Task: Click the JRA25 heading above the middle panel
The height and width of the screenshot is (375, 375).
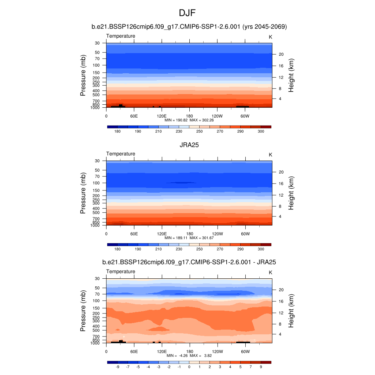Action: tap(189, 145)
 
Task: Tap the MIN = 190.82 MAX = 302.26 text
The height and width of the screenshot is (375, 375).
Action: tap(189, 120)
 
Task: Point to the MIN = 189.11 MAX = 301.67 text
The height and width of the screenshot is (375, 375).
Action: tap(189, 238)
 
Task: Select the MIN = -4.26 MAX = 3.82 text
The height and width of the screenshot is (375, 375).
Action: tap(189, 356)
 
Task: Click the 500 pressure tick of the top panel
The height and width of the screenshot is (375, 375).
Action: tap(96, 95)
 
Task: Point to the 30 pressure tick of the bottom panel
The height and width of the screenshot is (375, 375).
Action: tap(97, 279)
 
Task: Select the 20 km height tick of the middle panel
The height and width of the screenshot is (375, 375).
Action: tap(282, 172)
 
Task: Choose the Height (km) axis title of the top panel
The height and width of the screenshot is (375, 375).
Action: tap(292, 75)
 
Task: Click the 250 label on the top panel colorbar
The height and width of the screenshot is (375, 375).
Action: tap(199, 131)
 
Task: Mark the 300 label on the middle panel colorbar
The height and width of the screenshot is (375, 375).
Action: tap(261, 249)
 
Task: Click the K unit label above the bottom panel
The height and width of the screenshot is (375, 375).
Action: tap(271, 272)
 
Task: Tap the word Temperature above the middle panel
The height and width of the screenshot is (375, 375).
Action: tap(120, 154)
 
